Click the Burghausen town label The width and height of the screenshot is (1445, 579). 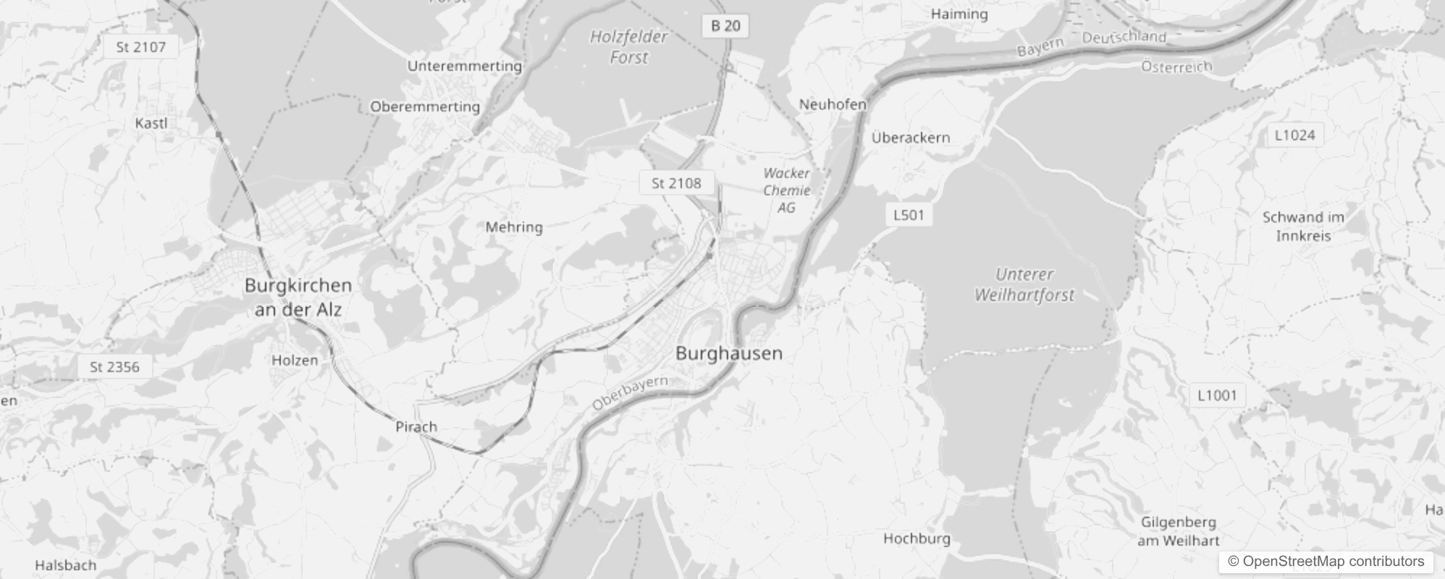point(729,353)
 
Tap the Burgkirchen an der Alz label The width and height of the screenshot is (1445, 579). point(298,297)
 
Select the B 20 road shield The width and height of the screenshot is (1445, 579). point(725,26)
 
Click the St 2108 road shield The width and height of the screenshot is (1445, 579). point(676,183)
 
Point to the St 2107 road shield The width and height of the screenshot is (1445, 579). point(140,48)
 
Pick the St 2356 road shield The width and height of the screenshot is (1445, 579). point(114,367)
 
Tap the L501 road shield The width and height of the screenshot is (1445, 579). point(909,215)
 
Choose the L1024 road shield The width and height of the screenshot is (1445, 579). point(1294,135)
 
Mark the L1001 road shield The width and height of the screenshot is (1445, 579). point(1217,395)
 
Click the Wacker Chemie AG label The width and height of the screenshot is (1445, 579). point(786,190)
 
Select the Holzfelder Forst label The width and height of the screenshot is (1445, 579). point(628,47)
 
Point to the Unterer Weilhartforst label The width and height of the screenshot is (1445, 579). point(1024,284)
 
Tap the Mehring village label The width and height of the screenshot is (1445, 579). point(514,227)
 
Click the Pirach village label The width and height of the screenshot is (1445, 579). point(416,427)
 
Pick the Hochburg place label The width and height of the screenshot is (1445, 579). point(917,538)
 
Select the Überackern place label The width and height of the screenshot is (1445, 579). point(911,138)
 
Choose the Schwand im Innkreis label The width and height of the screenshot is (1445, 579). point(1303,227)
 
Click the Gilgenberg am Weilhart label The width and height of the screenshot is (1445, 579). point(1179,531)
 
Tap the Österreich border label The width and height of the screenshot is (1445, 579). point(1176,67)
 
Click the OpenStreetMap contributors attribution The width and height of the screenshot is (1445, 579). point(1326,562)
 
